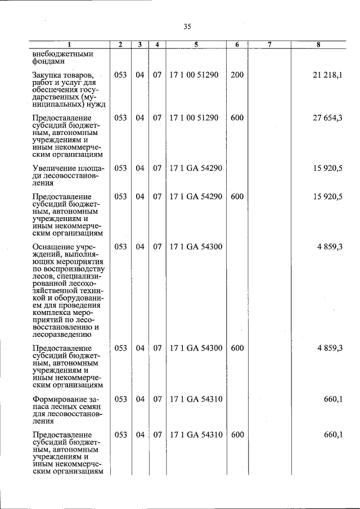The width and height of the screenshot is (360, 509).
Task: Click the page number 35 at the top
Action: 188,26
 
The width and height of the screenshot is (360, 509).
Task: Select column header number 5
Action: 196,44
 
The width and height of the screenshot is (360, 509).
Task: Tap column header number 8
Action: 318,44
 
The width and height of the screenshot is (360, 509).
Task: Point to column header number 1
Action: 70,44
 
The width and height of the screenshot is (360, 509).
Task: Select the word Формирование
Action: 58,399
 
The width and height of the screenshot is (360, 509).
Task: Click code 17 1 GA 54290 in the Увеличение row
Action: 196,168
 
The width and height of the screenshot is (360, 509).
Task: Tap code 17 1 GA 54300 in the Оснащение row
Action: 196,246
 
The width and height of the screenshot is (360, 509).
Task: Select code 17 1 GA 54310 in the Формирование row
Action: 196,399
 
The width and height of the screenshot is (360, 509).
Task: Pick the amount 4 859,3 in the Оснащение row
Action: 330,246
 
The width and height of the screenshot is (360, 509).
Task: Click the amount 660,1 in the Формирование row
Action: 333,399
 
